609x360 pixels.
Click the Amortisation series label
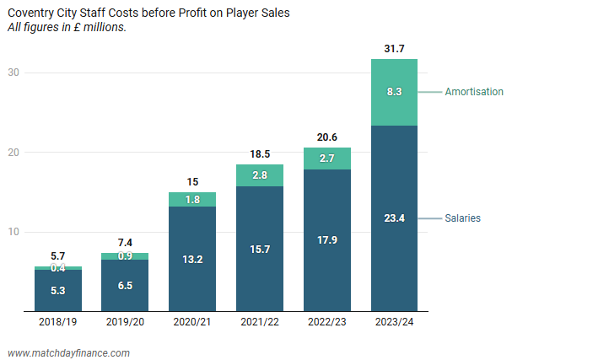coord(474,92)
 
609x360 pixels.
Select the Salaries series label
coord(463,218)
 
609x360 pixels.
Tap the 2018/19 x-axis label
coord(57,322)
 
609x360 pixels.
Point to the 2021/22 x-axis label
coord(259,322)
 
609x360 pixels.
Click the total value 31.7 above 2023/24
coord(394,49)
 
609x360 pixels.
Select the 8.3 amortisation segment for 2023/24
coord(394,92)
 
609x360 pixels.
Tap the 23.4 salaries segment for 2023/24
coord(394,218)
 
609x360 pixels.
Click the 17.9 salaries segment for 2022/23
coord(326,239)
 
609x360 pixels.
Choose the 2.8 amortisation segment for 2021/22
coord(259,175)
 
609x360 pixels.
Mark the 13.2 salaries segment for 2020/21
coord(192,259)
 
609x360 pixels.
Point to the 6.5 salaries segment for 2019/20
coord(125,286)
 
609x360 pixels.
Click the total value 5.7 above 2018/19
coord(57,255)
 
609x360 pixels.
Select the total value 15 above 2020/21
coord(192,181)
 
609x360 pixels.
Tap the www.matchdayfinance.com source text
coord(68,352)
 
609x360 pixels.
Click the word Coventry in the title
coord(30,13)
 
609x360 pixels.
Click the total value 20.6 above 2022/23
coord(326,137)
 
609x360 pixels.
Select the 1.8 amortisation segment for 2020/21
coord(192,200)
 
